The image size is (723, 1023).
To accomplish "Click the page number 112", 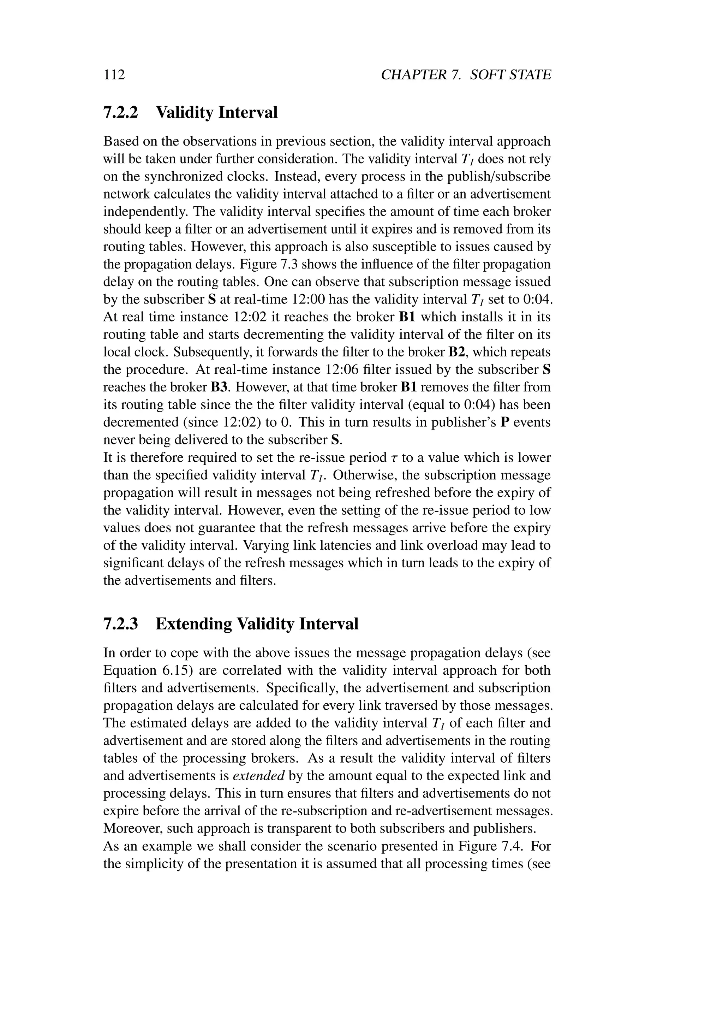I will [114, 75].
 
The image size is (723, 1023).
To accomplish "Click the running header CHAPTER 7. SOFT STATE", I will [466, 75].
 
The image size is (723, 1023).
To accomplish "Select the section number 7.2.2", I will [121, 112].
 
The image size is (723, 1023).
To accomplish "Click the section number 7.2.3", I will [121, 623].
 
